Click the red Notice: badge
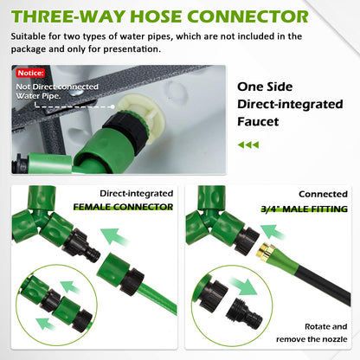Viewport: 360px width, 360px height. (30, 73)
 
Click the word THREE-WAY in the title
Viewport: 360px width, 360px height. (68, 16)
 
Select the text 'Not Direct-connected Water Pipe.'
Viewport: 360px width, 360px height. (57, 91)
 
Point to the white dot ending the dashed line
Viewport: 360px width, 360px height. (112, 106)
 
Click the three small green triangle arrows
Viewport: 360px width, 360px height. (248, 145)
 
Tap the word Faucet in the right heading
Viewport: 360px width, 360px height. (258, 121)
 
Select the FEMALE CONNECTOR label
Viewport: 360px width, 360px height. (123, 207)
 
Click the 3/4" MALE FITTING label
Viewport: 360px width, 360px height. (304, 209)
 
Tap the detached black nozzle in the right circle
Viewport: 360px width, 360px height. (244, 314)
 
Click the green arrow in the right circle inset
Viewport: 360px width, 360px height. (244, 286)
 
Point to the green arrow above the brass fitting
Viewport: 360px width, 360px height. (272, 232)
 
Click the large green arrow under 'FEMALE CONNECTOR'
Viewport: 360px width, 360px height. (114, 237)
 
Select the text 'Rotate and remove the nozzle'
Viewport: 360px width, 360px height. (312, 333)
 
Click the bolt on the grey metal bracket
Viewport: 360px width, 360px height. (77, 92)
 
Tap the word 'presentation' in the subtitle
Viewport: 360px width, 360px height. (132, 49)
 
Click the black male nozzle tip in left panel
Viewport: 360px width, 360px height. (93, 254)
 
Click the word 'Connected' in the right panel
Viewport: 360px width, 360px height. (323, 194)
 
